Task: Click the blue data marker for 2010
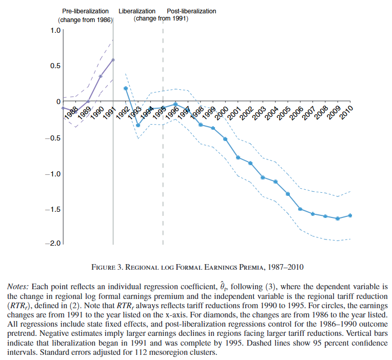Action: click(350, 215)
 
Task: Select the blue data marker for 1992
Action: click(126, 88)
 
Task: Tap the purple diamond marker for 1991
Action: click(113, 59)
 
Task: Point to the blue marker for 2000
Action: click(225, 139)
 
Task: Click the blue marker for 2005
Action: click(288, 194)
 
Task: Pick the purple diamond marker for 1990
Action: click(101, 76)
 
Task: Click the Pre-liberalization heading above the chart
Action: click(86, 11)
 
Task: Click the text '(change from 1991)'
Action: click(161, 18)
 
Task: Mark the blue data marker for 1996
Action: click(175, 104)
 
